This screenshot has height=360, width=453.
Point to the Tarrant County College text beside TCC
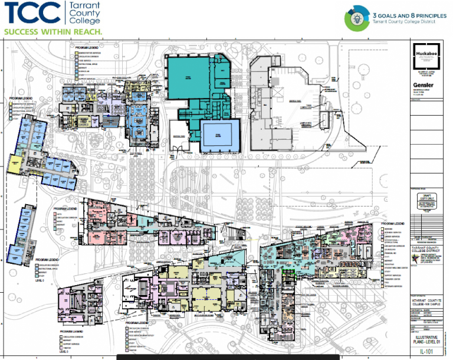[x=85, y=12]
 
